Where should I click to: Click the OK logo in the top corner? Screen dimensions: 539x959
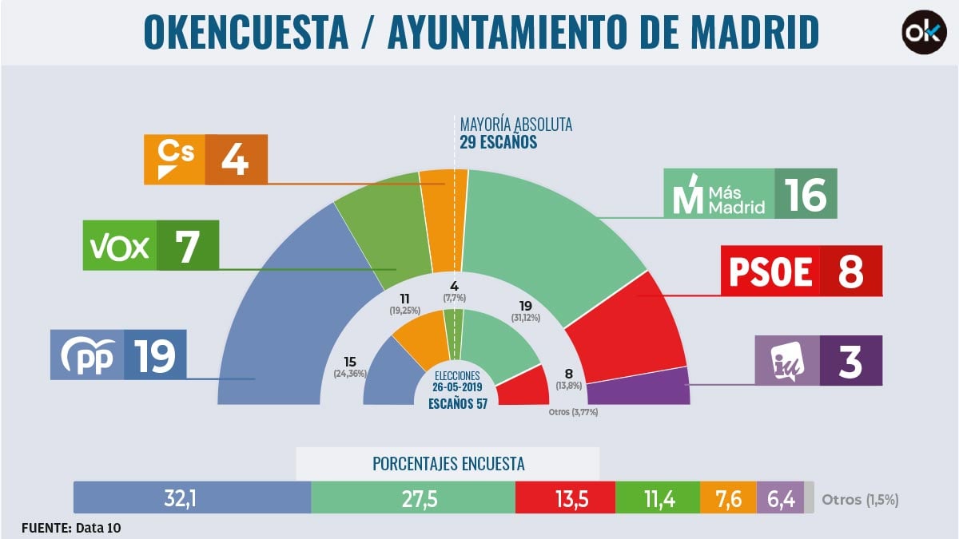924,32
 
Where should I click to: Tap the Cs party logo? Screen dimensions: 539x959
174,159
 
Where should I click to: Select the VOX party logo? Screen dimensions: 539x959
118,246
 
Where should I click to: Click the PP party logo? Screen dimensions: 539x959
86,355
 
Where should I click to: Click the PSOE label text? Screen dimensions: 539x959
770,271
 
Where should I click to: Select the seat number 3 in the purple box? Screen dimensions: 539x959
850,360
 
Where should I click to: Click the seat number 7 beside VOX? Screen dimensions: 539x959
186,246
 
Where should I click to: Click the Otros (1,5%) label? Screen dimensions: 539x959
860,499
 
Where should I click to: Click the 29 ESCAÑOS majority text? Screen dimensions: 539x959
498,143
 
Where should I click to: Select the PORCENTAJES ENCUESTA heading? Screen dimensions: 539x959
448,463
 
